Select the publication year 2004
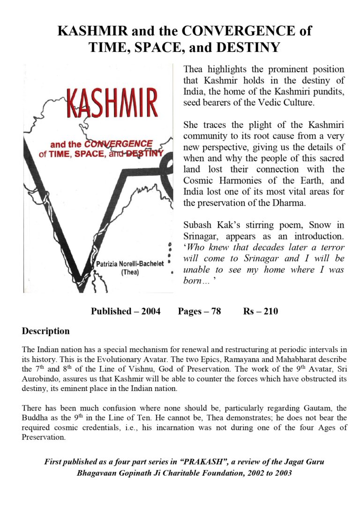149,311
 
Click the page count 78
216,311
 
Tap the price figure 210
270,311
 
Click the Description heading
45,331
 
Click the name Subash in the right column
197,225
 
